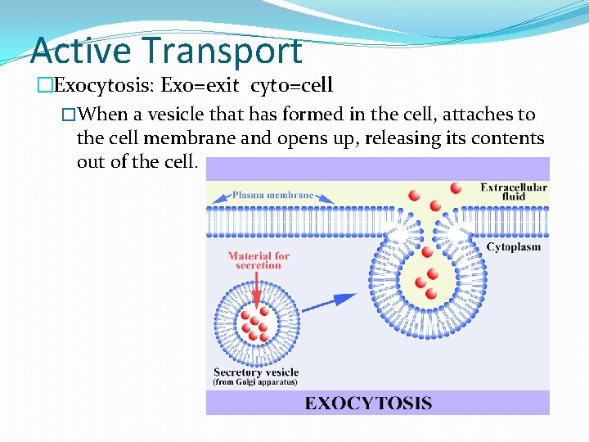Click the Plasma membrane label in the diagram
[272, 196]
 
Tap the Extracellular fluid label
[514, 192]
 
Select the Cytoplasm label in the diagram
[513, 247]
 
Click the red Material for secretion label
[259, 260]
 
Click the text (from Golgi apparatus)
[256, 382]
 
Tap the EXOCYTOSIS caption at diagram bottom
[368, 403]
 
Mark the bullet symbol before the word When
[69, 115]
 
